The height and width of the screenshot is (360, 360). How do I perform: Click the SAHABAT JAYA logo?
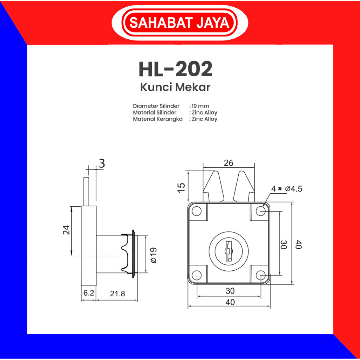[x=180, y=23]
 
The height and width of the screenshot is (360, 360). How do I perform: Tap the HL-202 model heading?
[x=176, y=69]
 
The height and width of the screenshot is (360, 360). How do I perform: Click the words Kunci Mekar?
[x=175, y=88]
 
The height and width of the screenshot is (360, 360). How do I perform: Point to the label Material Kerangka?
[x=158, y=119]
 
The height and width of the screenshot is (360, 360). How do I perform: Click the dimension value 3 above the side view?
[x=102, y=164]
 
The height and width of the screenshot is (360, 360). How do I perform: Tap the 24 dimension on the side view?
[x=66, y=230]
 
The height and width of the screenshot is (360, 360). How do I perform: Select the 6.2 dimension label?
[x=89, y=293]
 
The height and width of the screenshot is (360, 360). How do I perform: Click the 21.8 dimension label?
[x=117, y=294]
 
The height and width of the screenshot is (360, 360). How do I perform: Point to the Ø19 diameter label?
[x=153, y=255]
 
